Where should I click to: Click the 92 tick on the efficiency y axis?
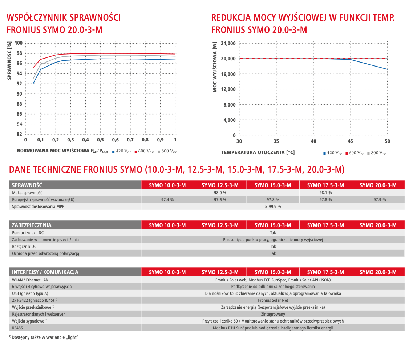pyautogui.click(x=19, y=84)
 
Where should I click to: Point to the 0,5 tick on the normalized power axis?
pyautogui.click(x=100, y=140)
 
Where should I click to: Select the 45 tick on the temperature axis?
pyautogui.click(x=350, y=141)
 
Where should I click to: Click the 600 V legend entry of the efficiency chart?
pyautogui.click(x=145, y=151)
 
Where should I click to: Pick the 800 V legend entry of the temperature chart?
pyautogui.click(x=377, y=153)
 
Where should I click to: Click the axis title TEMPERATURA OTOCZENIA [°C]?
pyautogui.click(x=258, y=153)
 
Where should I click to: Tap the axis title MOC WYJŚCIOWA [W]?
pyautogui.click(x=215, y=67)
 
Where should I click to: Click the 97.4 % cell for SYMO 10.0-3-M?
pyautogui.click(x=167, y=200)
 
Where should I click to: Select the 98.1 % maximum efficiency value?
pyautogui.click(x=325, y=193)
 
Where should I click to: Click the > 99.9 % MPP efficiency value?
pyautogui.click(x=273, y=207)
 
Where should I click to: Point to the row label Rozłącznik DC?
pyautogui.click(x=24, y=247)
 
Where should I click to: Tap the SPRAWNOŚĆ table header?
pyautogui.click(x=27, y=185)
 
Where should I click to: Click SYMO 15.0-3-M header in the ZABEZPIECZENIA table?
pyautogui.click(x=273, y=225)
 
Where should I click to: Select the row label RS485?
pyautogui.click(x=17, y=328)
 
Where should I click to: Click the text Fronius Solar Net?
pyautogui.click(x=273, y=300)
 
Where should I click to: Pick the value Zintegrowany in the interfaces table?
pyautogui.click(x=273, y=314)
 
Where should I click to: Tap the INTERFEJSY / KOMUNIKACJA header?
pyautogui.click(x=45, y=272)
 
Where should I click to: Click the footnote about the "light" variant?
pyautogui.click(x=44, y=337)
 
